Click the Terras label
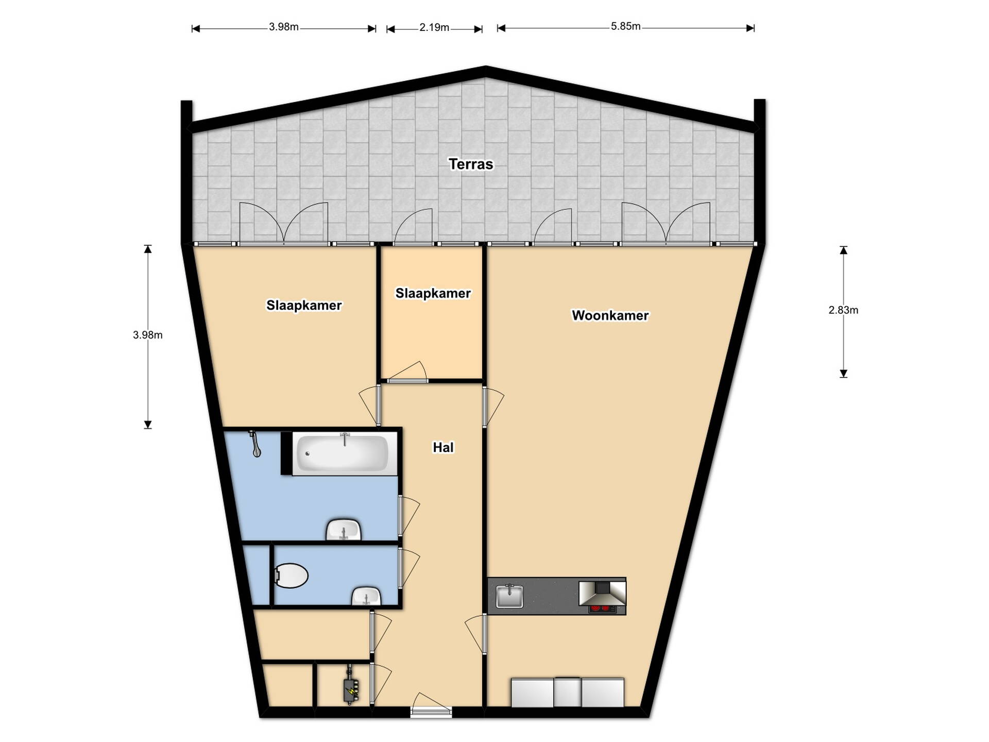coord(471,164)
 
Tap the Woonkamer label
coord(610,315)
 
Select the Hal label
coord(443,447)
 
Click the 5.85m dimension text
coord(625,26)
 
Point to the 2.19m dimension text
coord(434,27)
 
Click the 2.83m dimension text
coord(843,310)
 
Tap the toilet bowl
coord(291,576)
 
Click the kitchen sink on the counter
coord(509,596)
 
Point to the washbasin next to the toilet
coord(366,596)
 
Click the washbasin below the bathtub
coord(344,530)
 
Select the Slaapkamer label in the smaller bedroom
coord(433,293)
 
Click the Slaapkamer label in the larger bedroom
coord(304,306)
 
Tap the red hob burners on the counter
coord(603,609)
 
